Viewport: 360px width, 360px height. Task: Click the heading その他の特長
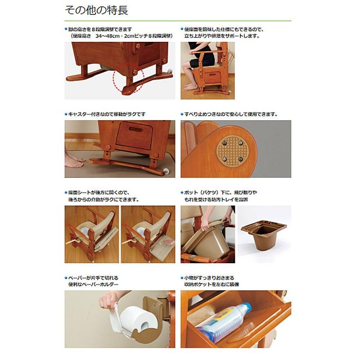99,9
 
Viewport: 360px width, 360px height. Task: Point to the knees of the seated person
189,68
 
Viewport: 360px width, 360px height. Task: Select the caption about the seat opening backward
102,196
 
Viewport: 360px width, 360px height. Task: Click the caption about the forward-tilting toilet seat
223,31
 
